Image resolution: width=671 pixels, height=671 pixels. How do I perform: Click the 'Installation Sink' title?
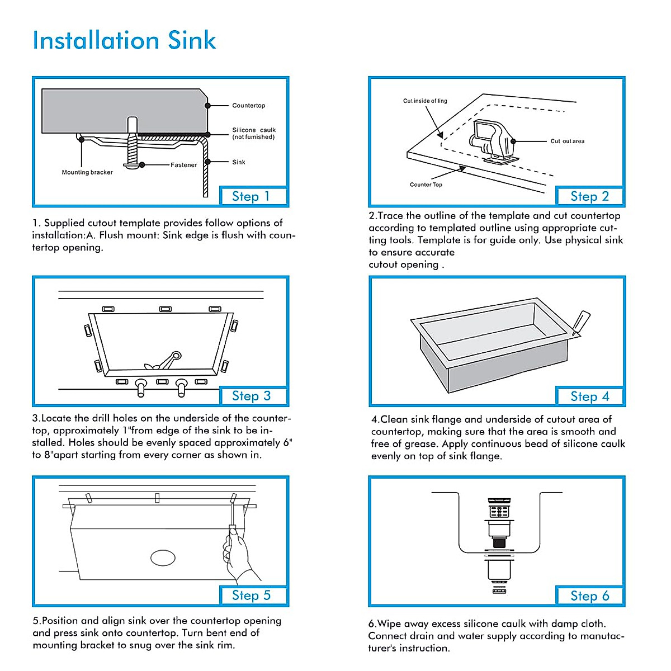click(x=124, y=40)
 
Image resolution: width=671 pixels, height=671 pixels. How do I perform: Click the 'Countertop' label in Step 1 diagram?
click(x=248, y=106)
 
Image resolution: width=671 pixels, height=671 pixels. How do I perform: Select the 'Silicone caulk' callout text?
click(x=254, y=133)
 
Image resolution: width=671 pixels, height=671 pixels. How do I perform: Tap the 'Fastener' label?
click(x=183, y=165)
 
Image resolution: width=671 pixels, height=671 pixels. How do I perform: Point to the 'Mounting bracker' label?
click(x=87, y=172)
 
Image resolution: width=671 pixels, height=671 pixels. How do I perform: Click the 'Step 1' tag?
click(x=251, y=196)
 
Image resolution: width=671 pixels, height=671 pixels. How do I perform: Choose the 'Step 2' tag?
click(x=589, y=196)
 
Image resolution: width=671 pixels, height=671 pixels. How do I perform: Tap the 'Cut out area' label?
click(x=567, y=141)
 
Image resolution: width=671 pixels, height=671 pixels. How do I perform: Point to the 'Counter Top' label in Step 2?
click(x=426, y=185)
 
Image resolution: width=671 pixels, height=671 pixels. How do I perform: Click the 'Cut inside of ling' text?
click(x=425, y=101)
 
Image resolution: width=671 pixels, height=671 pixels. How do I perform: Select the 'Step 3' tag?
click(x=251, y=396)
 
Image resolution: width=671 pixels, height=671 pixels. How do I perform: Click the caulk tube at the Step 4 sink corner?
click(x=580, y=323)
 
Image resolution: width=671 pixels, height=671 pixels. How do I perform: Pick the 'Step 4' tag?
click(x=589, y=396)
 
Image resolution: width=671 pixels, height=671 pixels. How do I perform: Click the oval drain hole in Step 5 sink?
click(x=163, y=557)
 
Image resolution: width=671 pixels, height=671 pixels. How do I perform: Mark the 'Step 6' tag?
click(x=589, y=596)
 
